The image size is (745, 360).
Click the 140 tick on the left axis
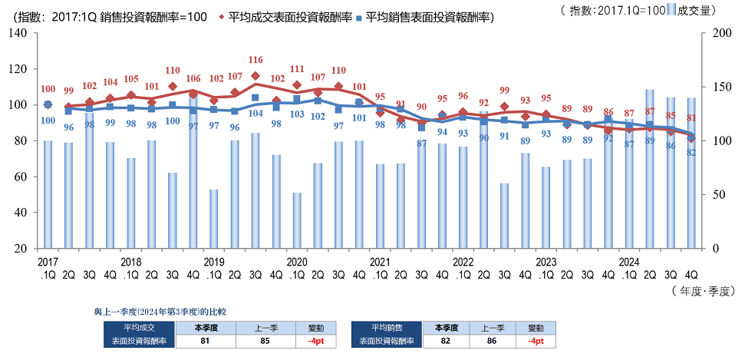19,33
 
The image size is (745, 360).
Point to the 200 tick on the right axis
722,33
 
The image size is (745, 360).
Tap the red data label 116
255,60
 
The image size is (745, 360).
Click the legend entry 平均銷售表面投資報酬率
428,15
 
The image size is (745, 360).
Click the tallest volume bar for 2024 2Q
650,169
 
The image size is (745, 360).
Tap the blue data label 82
691,152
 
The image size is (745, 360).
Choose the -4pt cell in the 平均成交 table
313,341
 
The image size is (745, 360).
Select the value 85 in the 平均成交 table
265,341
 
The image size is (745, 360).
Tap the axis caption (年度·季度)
704,291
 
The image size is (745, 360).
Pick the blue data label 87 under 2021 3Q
421,144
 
